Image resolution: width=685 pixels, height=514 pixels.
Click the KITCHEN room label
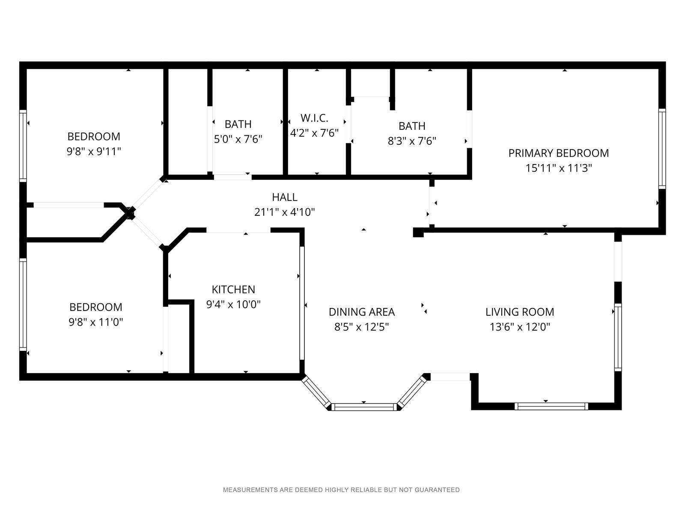tap(233, 290)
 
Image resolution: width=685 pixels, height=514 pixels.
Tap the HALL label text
tap(285, 197)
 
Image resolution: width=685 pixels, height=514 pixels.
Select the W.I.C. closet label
tap(314, 118)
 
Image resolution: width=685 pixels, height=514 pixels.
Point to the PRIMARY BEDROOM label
tap(558, 153)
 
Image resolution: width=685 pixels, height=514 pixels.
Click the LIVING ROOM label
tap(520, 312)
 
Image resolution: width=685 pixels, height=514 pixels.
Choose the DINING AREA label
tap(362, 312)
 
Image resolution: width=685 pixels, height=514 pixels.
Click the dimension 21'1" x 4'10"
tap(285, 212)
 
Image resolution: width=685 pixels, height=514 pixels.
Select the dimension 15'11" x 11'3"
tap(559, 168)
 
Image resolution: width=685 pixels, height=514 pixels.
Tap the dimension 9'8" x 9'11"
tap(94, 152)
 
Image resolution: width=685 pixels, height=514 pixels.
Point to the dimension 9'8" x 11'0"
tap(96, 322)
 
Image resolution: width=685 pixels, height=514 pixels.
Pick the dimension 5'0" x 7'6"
tap(238, 139)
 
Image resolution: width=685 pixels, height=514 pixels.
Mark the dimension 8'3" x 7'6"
tap(411, 141)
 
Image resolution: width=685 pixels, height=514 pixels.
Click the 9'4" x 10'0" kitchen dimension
tap(233, 304)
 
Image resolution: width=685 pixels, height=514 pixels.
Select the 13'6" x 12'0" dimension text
tap(520, 327)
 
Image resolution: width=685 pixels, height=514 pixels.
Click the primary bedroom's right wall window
tap(662, 149)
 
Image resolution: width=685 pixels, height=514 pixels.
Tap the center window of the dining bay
tap(364, 406)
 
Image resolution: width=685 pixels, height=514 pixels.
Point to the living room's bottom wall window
tap(551, 406)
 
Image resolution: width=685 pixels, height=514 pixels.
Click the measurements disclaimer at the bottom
tap(341, 490)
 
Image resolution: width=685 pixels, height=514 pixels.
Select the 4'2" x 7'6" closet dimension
tap(314, 133)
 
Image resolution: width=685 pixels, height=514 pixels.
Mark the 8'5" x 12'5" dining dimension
tap(362, 327)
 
